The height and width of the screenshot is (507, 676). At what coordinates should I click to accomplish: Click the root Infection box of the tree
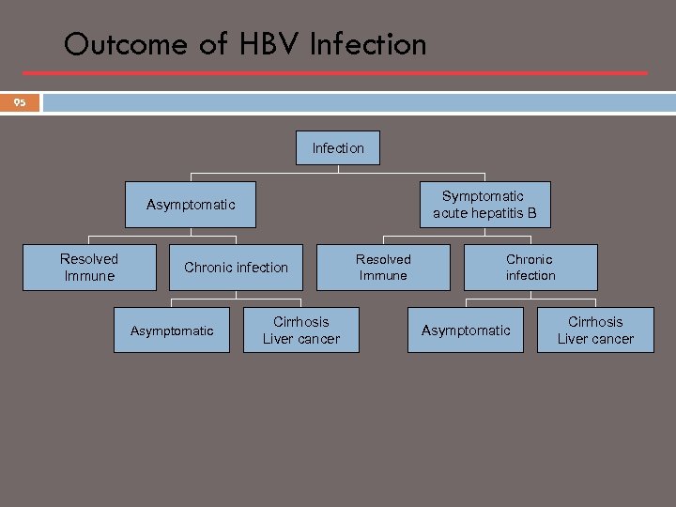point(338,147)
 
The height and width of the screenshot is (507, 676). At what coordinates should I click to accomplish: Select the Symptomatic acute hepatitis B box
point(484,205)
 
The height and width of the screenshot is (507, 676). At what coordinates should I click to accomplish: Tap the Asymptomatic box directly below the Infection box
point(191,205)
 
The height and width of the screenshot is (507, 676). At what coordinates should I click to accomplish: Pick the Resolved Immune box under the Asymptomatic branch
point(89,268)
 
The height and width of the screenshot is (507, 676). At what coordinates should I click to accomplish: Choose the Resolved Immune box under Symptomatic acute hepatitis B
point(383,268)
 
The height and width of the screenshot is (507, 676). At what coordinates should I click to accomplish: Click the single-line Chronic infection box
point(236,268)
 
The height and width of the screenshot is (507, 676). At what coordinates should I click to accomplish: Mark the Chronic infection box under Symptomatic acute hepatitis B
point(530,268)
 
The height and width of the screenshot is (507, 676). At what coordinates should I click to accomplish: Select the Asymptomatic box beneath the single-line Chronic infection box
point(172,330)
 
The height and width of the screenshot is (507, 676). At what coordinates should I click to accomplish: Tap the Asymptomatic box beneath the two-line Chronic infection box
point(466,330)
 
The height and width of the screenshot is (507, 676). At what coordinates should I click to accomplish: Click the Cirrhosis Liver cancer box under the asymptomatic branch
point(301,330)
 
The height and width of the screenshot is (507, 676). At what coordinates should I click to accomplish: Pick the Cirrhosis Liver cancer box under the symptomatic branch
point(595,330)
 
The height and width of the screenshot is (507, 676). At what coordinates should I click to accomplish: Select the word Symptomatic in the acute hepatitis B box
point(484,196)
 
